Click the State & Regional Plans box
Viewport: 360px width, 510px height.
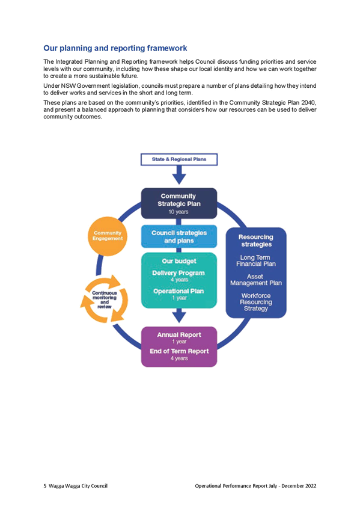179,159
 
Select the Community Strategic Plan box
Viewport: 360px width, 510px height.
179,203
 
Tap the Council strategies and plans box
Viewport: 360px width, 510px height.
179,236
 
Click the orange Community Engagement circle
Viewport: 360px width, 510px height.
108,236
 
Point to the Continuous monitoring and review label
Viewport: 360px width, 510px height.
105,300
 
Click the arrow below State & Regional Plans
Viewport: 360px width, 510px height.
179,175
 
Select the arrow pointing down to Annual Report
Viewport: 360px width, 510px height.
179,316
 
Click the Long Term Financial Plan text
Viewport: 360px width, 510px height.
255,260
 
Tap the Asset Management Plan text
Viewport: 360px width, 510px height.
255,280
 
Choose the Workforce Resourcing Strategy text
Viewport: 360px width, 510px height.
255,302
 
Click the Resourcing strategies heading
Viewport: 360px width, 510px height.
256,241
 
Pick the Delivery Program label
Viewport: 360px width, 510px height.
178,273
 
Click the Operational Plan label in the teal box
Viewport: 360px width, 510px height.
178,291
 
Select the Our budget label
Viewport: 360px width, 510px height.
179,261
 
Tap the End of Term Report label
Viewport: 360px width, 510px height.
179,351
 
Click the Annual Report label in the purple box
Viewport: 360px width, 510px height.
179,334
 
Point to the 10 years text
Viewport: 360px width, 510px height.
178,212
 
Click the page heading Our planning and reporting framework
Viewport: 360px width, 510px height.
115,48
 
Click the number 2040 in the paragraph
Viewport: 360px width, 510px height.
309,103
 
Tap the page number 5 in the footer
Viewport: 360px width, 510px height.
45,486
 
